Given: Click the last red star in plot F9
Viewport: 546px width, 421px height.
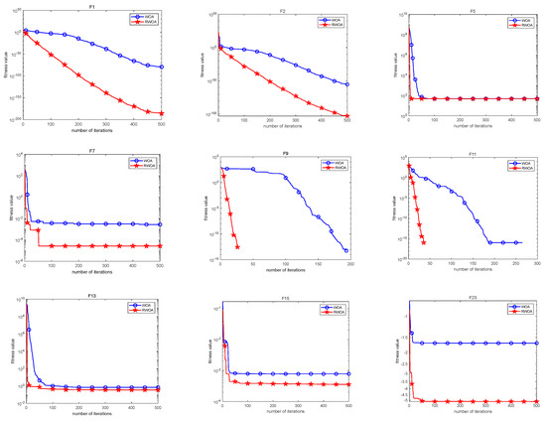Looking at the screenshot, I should [x=236, y=248].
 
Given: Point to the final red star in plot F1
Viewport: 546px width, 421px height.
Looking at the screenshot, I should [x=161, y=113].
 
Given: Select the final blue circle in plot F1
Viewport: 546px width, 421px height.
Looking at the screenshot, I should [x=161, y=67].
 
